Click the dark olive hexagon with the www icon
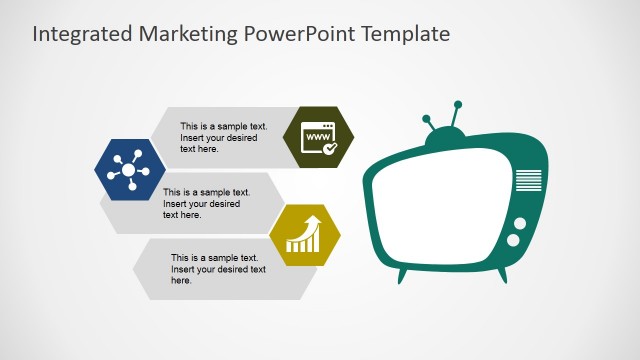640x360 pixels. click(319, 137)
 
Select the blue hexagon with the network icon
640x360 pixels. click(129, 171)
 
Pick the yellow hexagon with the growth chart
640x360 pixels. click(304, 235)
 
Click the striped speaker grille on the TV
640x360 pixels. click(528, 181)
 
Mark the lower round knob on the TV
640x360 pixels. click(513, 241)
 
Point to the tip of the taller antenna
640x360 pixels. click(458, 104)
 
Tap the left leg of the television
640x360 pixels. click(402, 274)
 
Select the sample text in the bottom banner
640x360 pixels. click(218, 269)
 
